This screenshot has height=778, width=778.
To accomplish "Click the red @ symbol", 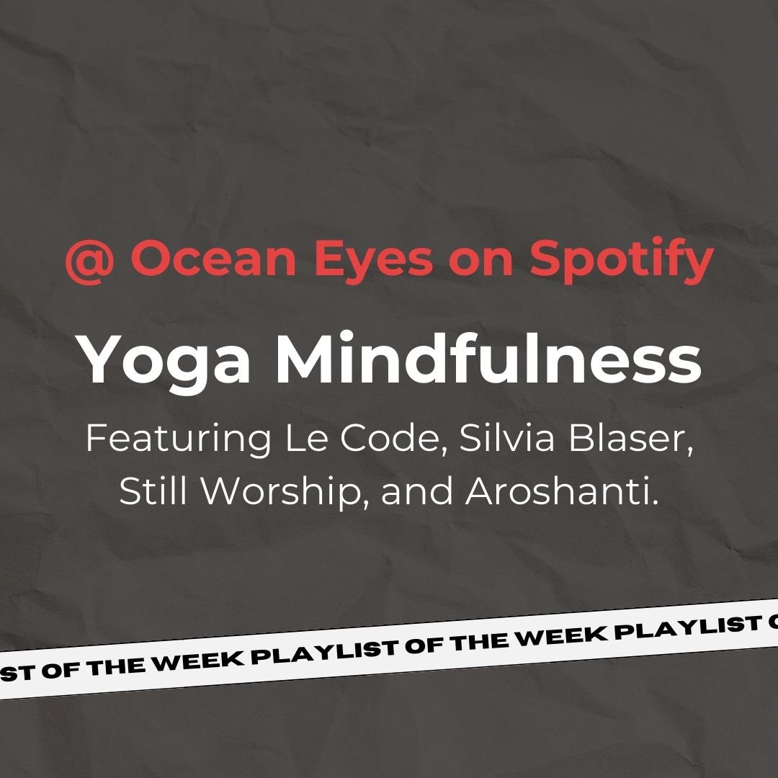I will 88,260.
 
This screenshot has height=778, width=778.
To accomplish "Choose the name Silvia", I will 504,439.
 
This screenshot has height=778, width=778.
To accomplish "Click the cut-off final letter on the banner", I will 771,619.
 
